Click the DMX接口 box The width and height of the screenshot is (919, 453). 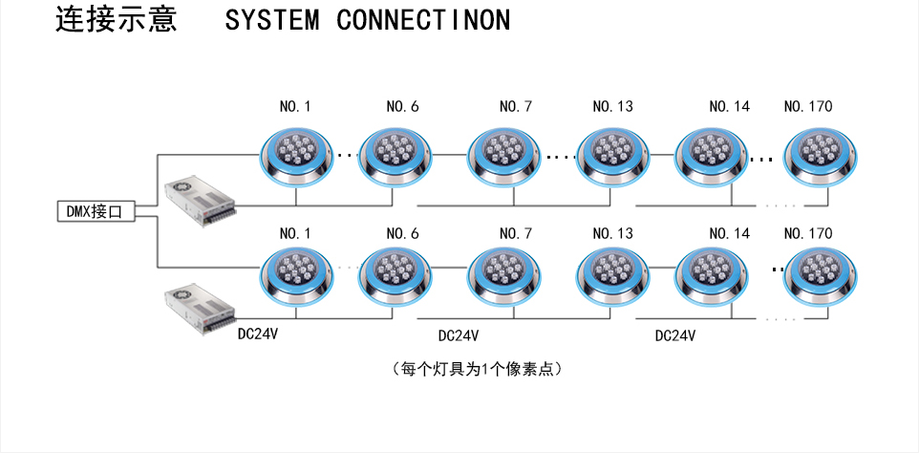(95, 212)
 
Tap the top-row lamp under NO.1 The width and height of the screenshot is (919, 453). (296, 155)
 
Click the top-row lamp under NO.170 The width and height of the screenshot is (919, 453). (819, 155)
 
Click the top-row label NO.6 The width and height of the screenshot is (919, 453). (402, 106)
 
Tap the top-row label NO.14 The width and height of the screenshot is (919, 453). (729, 106)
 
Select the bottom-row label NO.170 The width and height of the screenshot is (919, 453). (807, 233)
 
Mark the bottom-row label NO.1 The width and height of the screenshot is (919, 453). (294, 233)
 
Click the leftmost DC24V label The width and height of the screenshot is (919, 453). (257, 335)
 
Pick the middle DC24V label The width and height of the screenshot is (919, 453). (458, 335)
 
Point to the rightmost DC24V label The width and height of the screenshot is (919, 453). (674, 335)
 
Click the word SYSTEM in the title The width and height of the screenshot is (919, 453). (272, 21)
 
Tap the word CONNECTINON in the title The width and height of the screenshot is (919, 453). (423, 21)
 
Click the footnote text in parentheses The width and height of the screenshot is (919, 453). (476, 368)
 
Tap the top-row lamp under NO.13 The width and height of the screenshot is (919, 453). (611, 155)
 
